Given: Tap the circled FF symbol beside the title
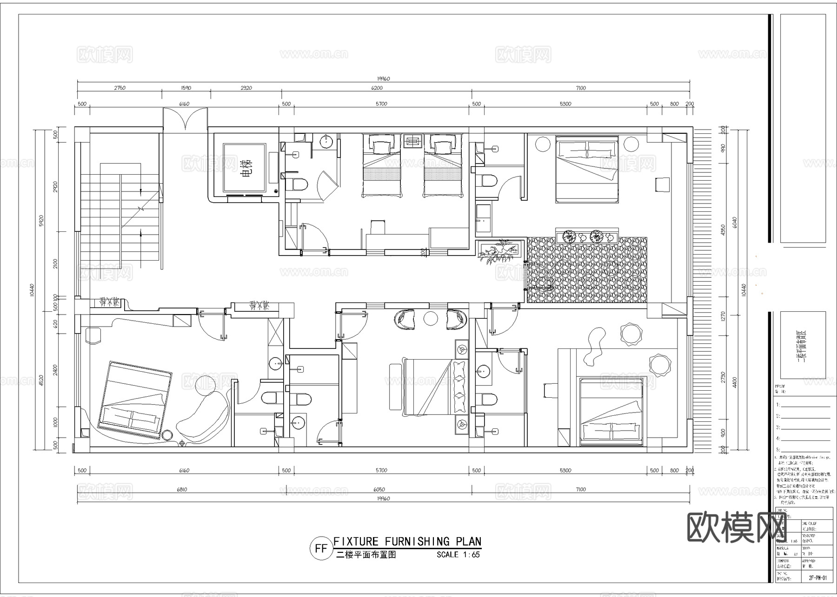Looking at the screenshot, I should (321, 548).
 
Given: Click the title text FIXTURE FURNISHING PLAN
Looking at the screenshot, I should (407, 541).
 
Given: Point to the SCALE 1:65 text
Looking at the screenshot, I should (458, 555).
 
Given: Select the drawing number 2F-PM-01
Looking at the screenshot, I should (817, 591).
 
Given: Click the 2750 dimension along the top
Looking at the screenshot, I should (120, 88).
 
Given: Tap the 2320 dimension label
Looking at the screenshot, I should (246, 88).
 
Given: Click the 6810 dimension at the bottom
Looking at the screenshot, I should (182, 489).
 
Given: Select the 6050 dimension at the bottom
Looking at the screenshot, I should (379, 489).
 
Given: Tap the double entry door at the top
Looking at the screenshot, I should (186, 118).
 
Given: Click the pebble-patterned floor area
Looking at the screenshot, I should (587, 269).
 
